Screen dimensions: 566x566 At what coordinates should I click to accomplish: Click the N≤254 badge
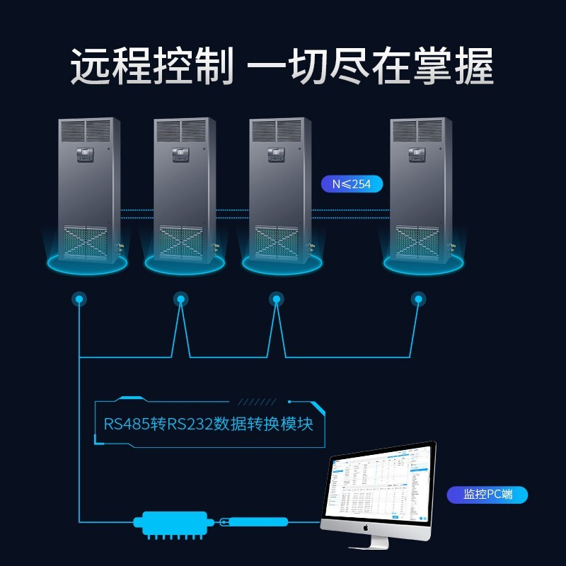tap(352, 185)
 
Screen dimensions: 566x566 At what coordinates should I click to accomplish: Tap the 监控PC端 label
tap(487, 495)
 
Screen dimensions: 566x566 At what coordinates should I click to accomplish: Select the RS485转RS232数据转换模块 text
tap(208, 424)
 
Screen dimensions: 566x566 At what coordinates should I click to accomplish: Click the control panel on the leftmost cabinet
tap(85, 153)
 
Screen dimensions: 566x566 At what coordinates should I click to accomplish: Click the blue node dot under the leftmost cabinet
tap(79, 300)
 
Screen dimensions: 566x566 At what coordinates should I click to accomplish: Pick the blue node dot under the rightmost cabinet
tap(419, 300)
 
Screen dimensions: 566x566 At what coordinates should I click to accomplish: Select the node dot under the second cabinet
tap(181, 300)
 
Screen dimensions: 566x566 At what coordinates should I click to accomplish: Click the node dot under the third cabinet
tap(277, 300)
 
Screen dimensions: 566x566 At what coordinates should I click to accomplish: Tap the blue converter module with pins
tap(171, 523)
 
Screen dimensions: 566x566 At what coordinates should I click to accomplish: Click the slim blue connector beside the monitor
tap(256, 522)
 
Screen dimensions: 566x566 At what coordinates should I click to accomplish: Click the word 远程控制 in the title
tap(151, 68)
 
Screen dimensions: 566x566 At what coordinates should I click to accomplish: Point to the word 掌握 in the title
tap(454, 68)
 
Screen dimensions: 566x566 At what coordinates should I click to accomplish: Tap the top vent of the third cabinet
tap(277, 130)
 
